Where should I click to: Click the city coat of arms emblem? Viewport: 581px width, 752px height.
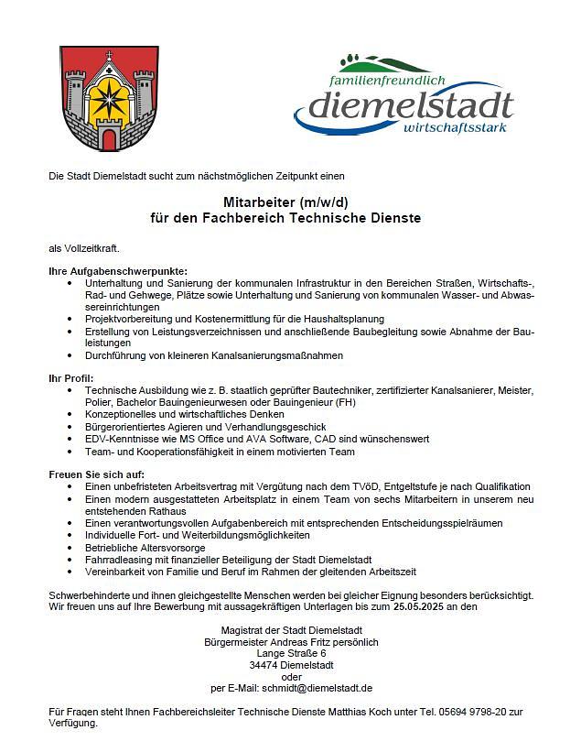click(x=108, y=100)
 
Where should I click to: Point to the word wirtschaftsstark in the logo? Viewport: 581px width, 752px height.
click(x=456, y=125)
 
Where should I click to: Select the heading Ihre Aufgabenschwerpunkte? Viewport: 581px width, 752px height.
click(x=118, y=271)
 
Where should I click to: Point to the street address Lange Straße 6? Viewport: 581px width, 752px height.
click(x=292, y=653)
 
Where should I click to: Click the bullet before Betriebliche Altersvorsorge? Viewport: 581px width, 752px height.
click(x=72, y=547)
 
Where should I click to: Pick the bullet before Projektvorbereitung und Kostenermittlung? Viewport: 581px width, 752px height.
click(x=72, y=319)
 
